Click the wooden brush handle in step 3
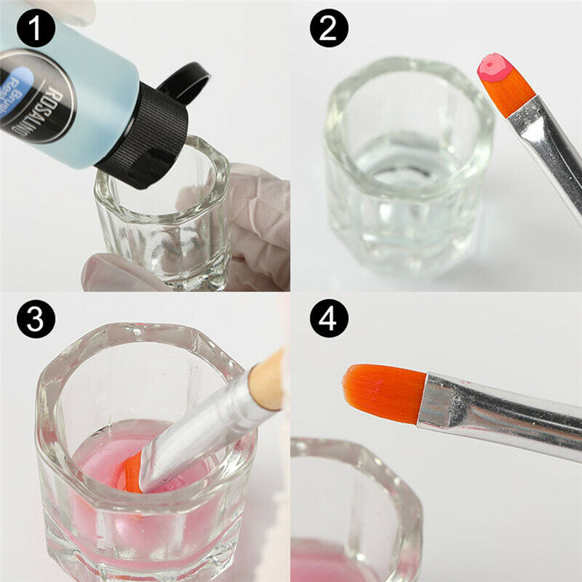267,378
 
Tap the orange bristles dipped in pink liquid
131,473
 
